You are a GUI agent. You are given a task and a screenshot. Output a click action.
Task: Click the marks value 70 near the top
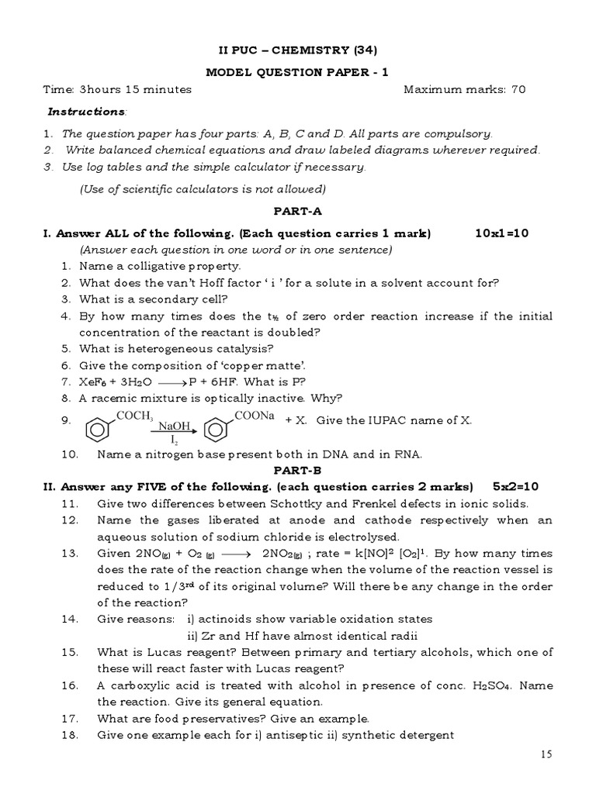point(518,89)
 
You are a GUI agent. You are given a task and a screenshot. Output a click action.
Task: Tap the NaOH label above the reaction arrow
point(174,426)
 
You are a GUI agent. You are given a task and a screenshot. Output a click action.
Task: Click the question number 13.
point(68,554)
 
